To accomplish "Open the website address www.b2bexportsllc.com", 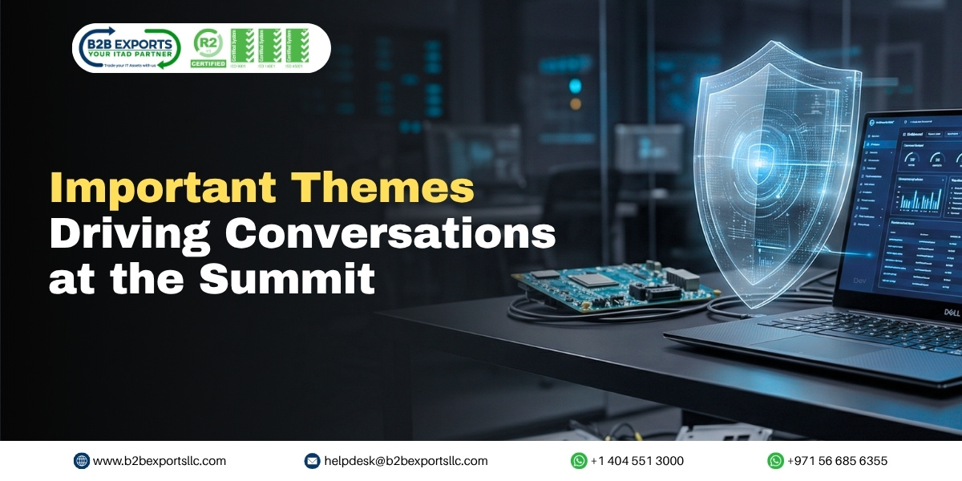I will click(x=160, y=461).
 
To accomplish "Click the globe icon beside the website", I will click(x=82, y=461).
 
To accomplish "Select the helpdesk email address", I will click(x=406, y=461).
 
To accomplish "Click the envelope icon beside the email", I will click(x=313, y=461).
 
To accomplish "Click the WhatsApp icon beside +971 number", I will click(x=775, y=461).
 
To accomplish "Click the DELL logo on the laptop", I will click(x=951, y=312).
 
